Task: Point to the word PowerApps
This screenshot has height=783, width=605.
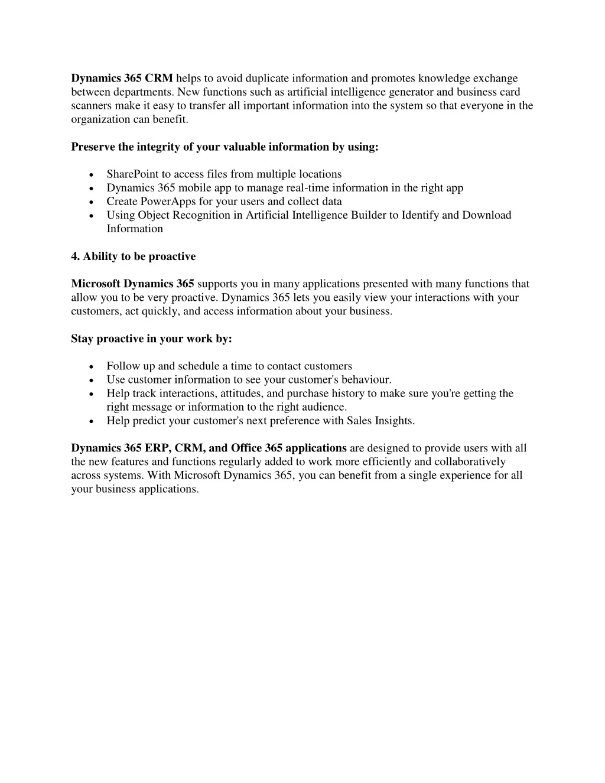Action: (168, 202)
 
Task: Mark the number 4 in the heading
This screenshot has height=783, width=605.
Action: (74, 256)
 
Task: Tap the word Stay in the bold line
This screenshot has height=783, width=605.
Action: (82, 339)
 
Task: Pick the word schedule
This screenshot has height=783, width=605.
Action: (199, 366)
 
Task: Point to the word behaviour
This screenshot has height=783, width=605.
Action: (363, 380)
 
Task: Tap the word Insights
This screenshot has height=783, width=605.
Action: (394, 421)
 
